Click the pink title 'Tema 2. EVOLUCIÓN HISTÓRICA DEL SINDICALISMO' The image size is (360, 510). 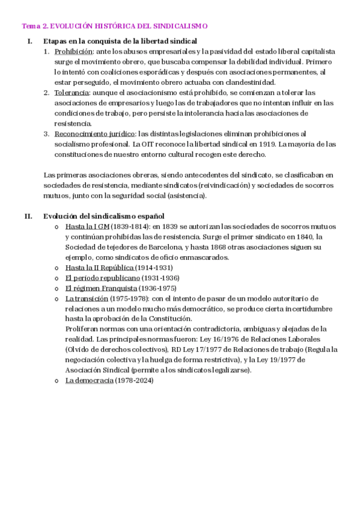pos(115,26)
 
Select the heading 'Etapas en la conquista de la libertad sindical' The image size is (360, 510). pos(120,41)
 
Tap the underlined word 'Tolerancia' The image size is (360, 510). pos(72,93)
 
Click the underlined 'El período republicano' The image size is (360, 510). pos(102,278)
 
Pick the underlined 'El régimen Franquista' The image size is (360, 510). pos(101,288)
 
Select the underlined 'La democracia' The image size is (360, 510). pos(89,381)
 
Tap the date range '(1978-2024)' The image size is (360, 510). pos(135,381)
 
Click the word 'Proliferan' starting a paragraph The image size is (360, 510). pos(84,329)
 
